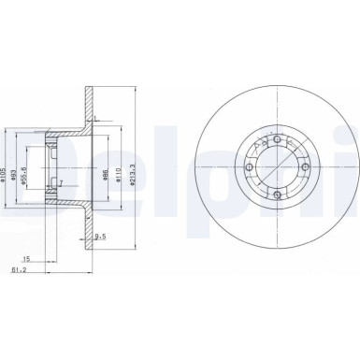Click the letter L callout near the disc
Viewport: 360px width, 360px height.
(96, 120)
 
